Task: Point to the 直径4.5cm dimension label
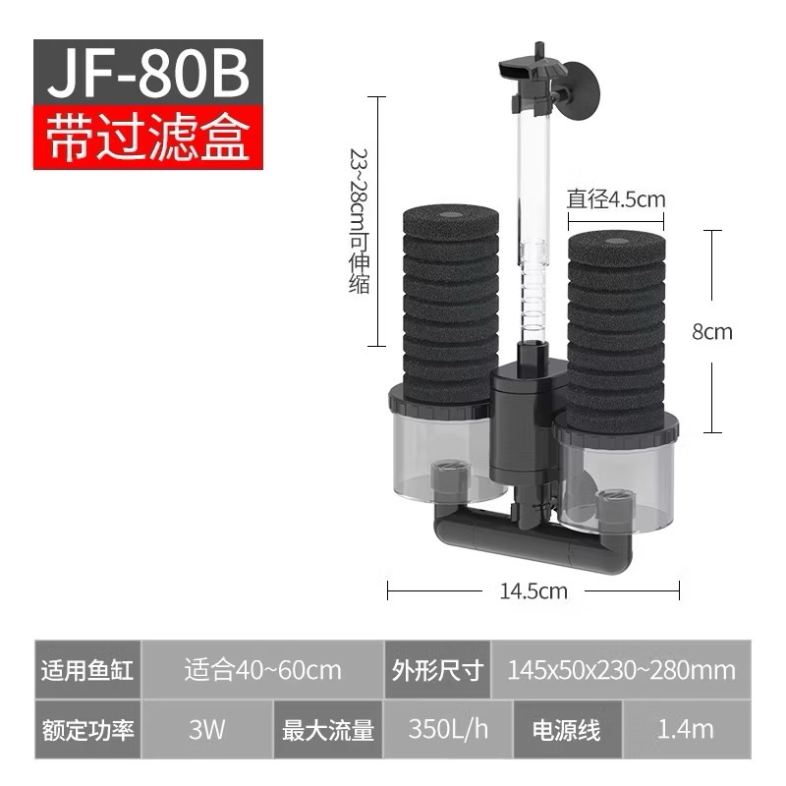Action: click(616, 199)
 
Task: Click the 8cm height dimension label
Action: click(712, 331)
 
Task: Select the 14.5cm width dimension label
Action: click(533, 590)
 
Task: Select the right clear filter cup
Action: click(617, 477)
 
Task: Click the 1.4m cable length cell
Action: click(687, 730)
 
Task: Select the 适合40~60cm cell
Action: click(262, 671)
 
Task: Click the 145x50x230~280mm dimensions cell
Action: click(621, 671)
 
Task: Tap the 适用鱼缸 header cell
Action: click(87, 671)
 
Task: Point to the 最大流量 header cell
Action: click(328, 730)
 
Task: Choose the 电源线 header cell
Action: click(566, 730)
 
